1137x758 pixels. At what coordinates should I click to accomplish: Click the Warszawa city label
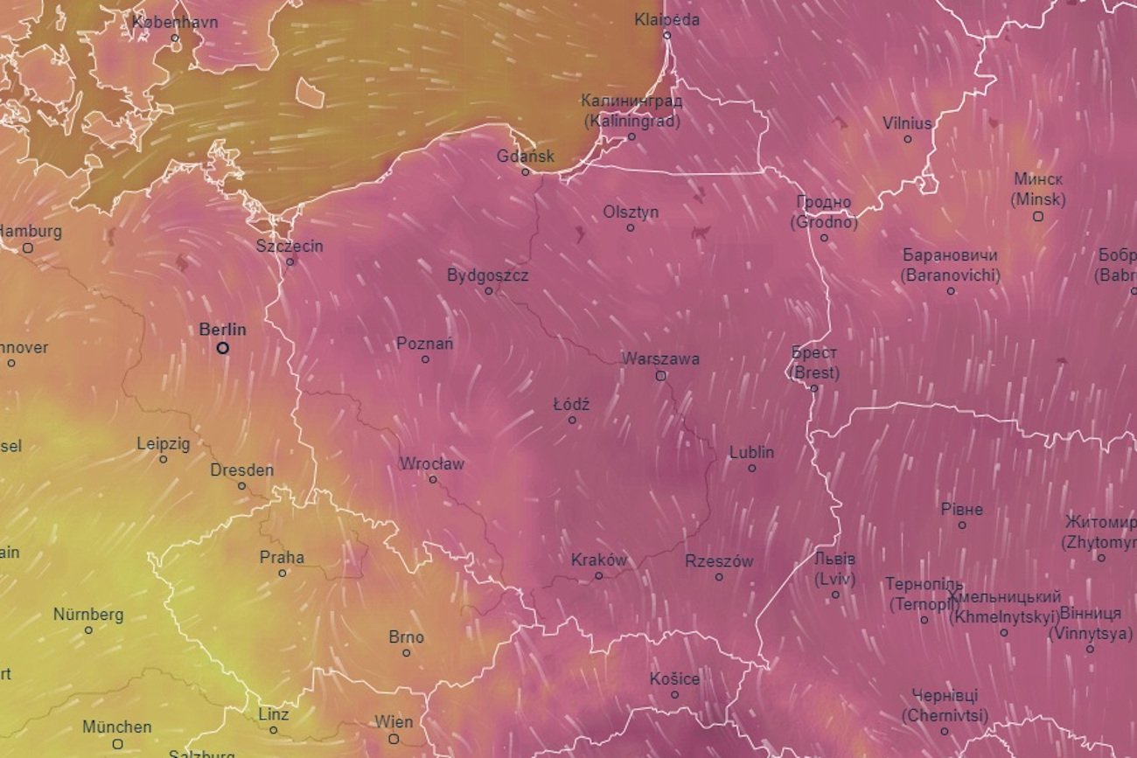pos(660,358)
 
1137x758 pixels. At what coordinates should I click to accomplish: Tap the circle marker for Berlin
pos(223,348)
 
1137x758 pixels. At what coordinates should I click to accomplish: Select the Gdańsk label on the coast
pos(526,156)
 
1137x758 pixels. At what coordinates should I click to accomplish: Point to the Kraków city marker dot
pos(599,575)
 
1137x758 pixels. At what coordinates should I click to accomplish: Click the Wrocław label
pos(432,463)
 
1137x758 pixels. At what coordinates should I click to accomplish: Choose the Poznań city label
pos(425,344)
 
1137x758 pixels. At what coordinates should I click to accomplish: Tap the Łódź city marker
pos(572,420)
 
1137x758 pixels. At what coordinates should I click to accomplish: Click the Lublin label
pos(751,452)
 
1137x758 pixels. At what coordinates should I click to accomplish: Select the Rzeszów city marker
pos(719,577)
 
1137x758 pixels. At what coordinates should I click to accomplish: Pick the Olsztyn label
pos(631,212)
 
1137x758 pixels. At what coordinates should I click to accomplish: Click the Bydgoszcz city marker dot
pos(489,291)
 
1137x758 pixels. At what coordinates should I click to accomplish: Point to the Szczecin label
pos(289,246)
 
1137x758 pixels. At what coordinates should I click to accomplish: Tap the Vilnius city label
pos(907,123)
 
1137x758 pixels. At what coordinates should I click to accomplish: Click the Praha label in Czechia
pos(282,557)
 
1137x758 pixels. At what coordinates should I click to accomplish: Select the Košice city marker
pos(674,695)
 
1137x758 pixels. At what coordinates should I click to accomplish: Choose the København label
pos(175,22)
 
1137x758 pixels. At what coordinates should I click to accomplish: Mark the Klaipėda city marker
pos(666,36)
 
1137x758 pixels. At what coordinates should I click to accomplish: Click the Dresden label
pos(241,469)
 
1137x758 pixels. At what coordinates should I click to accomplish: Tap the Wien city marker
pos(394,739)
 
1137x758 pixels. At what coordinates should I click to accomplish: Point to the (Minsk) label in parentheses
pos(1038,199)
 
